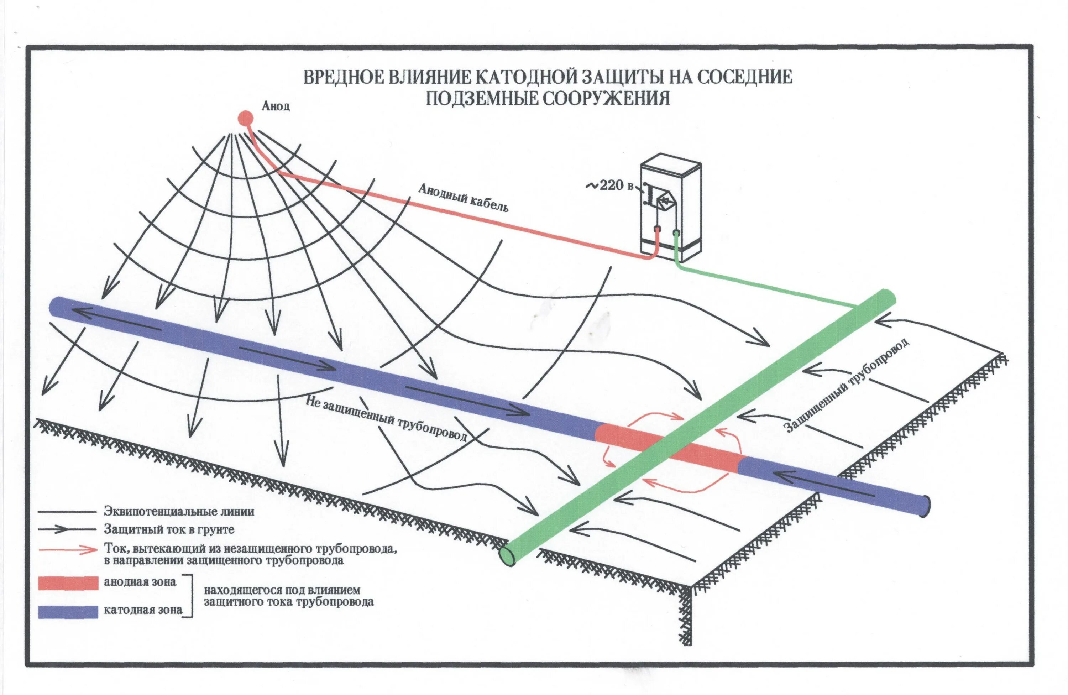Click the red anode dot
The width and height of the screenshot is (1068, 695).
tap(245, 118)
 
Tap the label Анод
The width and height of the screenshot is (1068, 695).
tap(276, 106)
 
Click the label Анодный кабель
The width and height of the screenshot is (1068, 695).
tap(463, 197)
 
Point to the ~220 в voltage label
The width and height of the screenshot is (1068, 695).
tap(610, 185)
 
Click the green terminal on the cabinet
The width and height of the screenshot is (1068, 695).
tap(676, 233)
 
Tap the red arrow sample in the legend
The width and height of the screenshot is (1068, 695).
tap(68, 550)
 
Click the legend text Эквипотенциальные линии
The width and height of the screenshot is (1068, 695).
tap(179, 512)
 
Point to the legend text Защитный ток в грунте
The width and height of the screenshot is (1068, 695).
tap(169, 529)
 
